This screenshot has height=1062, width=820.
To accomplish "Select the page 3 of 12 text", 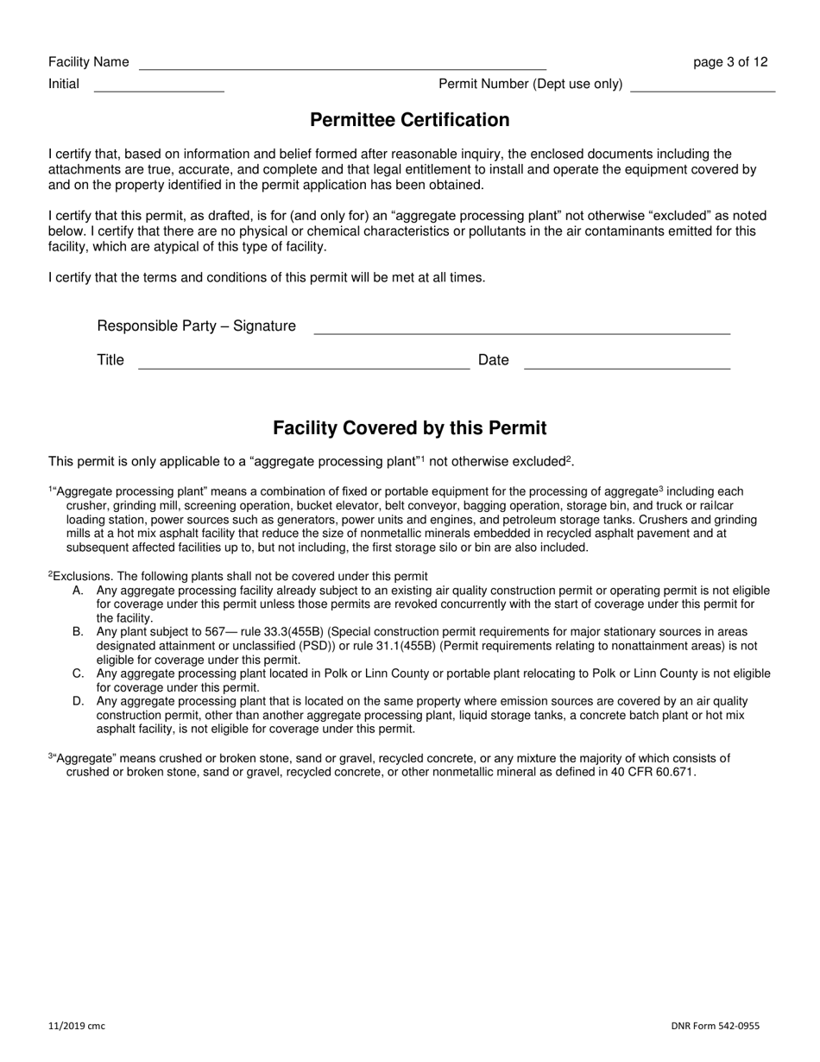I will [730, 62].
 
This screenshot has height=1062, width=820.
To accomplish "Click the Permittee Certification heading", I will [409, 120].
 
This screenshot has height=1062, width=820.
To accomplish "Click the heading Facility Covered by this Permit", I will [409, 428].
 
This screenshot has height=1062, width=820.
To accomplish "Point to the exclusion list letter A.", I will [78, 591].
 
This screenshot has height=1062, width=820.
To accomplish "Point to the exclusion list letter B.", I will [78, 632].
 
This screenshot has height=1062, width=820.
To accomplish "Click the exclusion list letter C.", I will [78, 673].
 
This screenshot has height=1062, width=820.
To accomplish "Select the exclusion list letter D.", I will [78, 701].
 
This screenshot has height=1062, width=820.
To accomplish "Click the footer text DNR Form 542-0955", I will [716, 1026].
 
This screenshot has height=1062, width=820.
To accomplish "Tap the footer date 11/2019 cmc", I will [77, 1026].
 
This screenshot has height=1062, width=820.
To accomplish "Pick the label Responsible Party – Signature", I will [196, 326].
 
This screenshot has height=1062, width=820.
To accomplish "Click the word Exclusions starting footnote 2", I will [83, 576].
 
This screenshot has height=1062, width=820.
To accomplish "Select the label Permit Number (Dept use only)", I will [531, 84].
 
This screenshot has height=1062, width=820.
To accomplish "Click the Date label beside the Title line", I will [493, 360].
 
